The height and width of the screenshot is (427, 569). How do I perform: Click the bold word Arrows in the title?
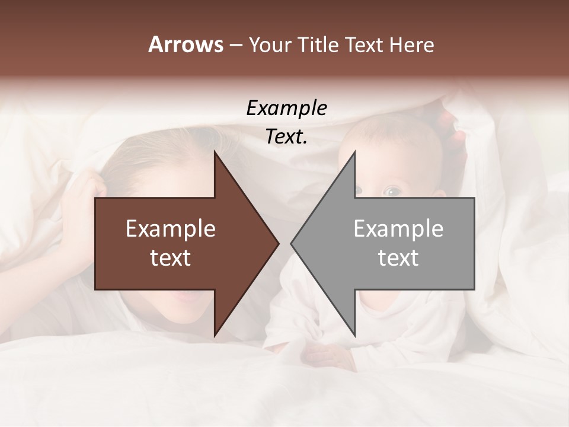pyautogui.click(x=186, y=44)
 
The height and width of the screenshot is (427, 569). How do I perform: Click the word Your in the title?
pyautogui.click(x=268, y=45)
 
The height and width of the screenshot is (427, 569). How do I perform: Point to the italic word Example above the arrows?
pyautogui.click(x=287, y=109)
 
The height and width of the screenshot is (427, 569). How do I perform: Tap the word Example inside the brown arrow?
pyautogui.click(x=171, y=229)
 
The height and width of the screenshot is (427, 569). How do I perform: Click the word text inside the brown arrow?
pyautogui.click(x=171, y=258)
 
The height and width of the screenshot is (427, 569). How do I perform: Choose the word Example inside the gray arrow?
pyautogui.click(x=398, y=229)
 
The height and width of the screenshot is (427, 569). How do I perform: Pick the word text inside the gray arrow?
pyautogui.click(x=398, y=258)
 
